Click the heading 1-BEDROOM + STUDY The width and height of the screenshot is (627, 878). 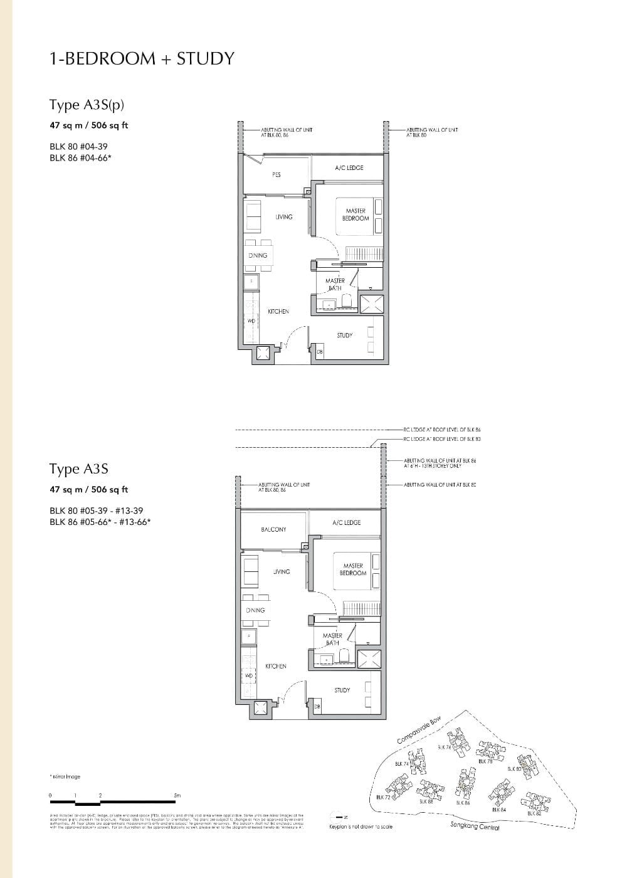pyautogui.click(x=142, y=58)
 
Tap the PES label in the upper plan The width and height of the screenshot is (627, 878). pyautogui.click(x=277, y=174)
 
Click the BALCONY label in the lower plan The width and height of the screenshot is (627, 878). pyautogui.click(x=273, y=529)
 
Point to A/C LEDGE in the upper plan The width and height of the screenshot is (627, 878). pyautogui.click(x=349, y=167)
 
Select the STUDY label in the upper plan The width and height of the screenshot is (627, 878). pyautogui.click(x=344, y=336)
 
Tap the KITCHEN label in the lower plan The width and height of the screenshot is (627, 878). pyautogui.click(x=275, y=666)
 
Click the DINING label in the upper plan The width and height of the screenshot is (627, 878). pyautogui.click(x=258, y=255)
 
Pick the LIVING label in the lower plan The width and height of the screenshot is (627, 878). pyautogui.click(x=282, y=571)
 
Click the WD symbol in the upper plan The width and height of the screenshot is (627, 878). pyautogui.click(x=251, y=320)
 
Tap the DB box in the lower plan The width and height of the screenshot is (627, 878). pyautogui.click(x=317, y=707)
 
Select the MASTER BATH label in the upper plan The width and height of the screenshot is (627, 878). pyautogui.click(x=335, y=284)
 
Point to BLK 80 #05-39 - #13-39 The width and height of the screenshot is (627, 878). pyautogui.click(x=96, y=510)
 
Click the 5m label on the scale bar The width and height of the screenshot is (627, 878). pyautogui.click(x=177, y=795)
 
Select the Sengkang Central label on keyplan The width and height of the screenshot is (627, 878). pyautogui.click(x=475, y=826)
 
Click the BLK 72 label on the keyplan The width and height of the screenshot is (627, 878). pyautogui.click(x=383, y=797)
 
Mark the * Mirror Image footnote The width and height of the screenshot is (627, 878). pyautogui.click(x=65, y=776)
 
